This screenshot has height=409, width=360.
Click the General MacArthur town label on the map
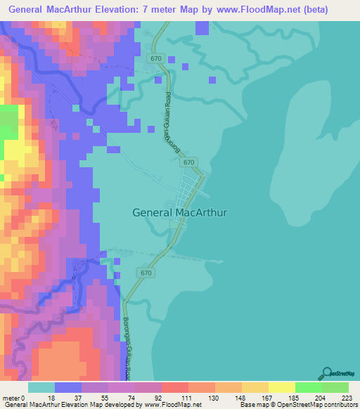point(180,211)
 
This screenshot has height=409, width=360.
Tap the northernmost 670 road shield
point(156,59)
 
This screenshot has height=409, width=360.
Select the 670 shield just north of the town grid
point(188,162)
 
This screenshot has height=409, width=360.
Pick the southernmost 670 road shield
point(146,273)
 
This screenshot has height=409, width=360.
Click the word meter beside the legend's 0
point(12,397)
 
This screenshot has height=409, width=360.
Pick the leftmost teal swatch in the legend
point(41,387)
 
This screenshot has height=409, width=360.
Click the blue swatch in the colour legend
point(68,387)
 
